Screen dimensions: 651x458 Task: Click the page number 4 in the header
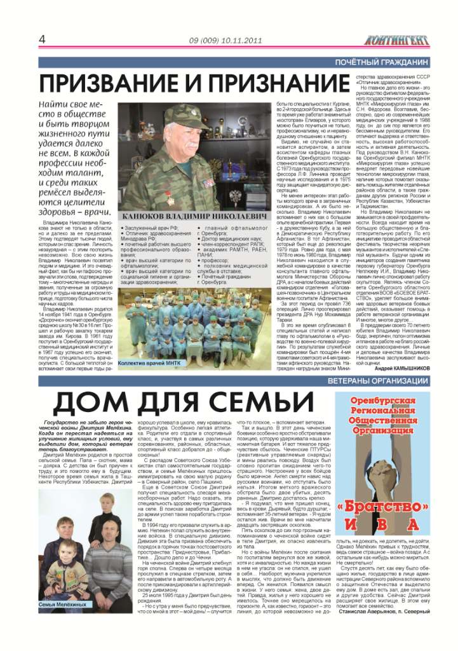(43, 39)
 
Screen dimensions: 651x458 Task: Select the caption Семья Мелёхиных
(62, 603)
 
